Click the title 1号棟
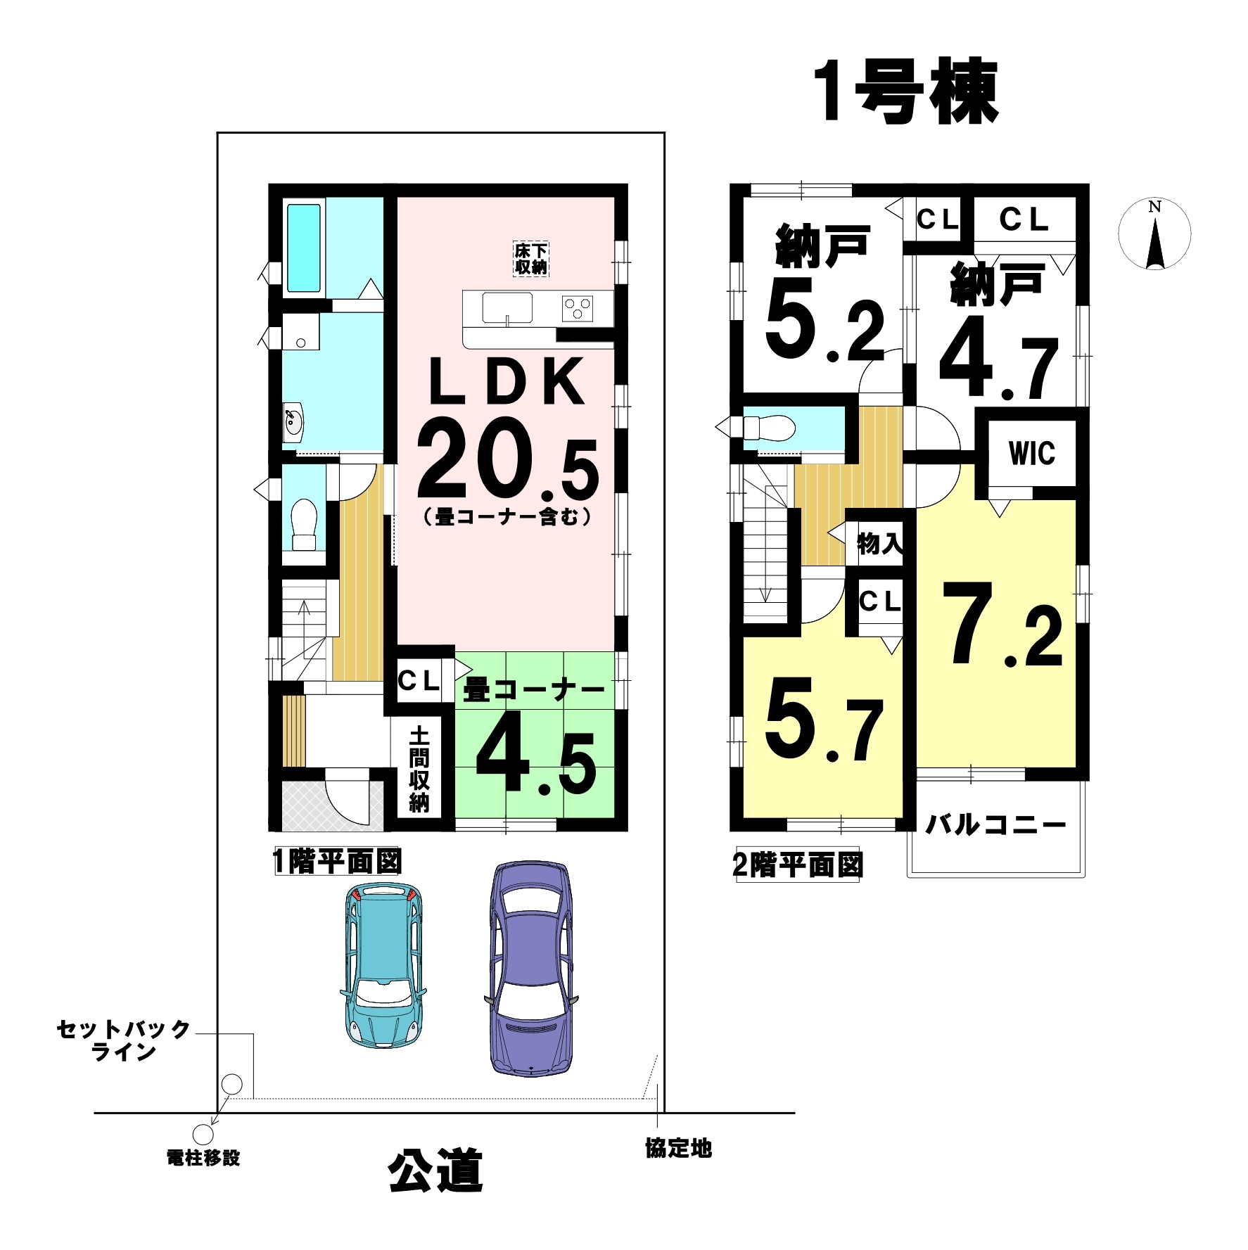[x=905, y=93]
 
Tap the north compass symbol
[x=1154, y=235]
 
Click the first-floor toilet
[x=304, y=524]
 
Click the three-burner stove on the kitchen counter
[x=578, y=308]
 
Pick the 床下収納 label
[x=530, y=258]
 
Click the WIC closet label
[x=1032, y=454]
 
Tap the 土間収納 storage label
[x=419, y=770]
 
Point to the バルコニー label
[x=995, y=824]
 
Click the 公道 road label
[x=435, y=1171]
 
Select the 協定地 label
[x=679, y=1149]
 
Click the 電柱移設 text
[x=203, y=1158]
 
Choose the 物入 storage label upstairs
[x=880, y=543]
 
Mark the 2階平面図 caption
[x=798, y=865]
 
